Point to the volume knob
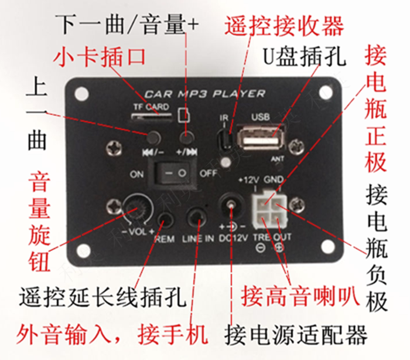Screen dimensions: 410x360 pos(139,209)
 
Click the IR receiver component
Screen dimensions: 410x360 pos(224,140)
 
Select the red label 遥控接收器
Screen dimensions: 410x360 pos(283,25)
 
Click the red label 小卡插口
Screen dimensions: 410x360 pos(100,57)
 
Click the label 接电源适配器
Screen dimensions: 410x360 pos(296,336)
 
